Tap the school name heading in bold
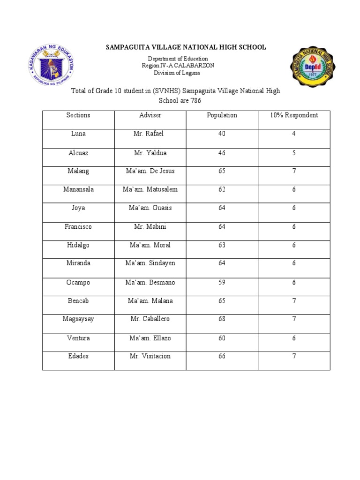186,47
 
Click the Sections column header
78,115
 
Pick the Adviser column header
150,115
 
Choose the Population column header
222,115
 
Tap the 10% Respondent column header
294,115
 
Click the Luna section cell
78,134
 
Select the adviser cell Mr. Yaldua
150,153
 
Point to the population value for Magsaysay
222,319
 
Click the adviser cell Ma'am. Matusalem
150,189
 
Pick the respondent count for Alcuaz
294,153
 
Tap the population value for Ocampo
222,283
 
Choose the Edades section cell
78,356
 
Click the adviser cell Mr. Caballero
150,319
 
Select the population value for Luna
222,134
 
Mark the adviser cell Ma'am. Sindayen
150,263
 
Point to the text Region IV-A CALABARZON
178,66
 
